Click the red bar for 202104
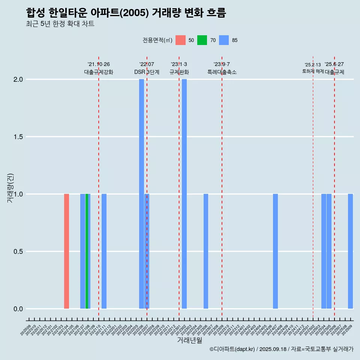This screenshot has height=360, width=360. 66,251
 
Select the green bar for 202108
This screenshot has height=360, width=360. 87,251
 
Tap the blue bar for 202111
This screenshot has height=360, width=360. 104,251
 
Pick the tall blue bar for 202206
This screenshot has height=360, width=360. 141,194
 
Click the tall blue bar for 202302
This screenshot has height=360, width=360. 184,194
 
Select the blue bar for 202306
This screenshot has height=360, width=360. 206,251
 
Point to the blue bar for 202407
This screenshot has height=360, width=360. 275,251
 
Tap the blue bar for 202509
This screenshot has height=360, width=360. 350,251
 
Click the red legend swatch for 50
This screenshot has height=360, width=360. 181,40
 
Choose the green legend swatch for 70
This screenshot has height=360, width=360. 202,40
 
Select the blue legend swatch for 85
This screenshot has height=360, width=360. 224,40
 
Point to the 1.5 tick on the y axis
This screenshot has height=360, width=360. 18,137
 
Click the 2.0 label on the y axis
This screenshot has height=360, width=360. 18,79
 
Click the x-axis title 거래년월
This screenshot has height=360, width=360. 189,340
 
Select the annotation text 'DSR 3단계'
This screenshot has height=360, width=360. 147,72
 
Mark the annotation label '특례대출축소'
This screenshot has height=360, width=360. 222,72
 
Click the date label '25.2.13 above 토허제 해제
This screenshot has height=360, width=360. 313,65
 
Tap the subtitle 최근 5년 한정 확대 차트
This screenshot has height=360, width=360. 60,24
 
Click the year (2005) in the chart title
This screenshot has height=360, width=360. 136,13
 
